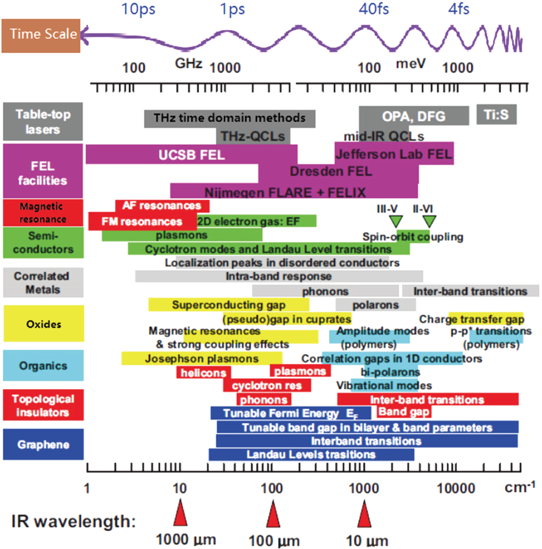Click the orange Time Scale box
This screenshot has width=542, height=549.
41,36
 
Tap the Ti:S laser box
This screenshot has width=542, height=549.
496,114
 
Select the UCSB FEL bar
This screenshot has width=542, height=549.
192,154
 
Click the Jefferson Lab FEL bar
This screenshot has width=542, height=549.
394,153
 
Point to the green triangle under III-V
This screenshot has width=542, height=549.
396,221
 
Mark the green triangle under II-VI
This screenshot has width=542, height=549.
429,221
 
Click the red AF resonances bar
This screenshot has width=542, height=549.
162,205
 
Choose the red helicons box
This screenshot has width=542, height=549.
203,372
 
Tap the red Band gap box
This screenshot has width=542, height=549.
404,412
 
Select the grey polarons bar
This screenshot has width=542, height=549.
375,305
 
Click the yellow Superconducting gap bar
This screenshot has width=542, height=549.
229,305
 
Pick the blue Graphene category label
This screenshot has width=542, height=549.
44,444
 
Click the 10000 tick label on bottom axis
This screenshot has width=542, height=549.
456,488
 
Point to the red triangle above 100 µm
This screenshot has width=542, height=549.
273,514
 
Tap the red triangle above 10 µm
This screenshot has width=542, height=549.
364,514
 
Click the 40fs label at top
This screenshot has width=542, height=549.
373,9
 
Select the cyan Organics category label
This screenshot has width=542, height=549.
44,365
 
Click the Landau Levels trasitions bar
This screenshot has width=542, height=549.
311,454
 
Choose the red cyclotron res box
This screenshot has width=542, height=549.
267,386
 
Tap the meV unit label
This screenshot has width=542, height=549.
410,64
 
